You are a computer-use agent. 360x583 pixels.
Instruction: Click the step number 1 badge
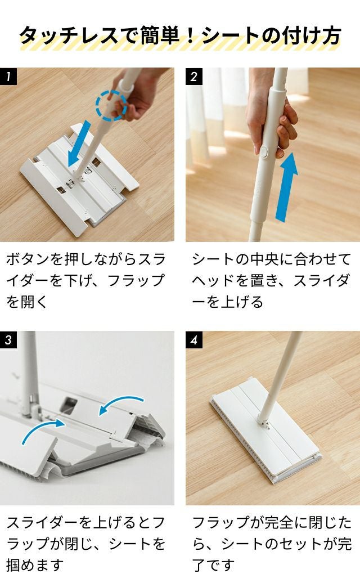pos(8,76)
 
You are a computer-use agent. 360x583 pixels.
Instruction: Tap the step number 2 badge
pos(194,76)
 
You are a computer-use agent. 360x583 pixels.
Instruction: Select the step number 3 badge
pos(8,339)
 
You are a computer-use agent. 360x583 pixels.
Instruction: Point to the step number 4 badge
pos(194,339)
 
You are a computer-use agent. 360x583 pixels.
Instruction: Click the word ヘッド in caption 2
pos(213,280)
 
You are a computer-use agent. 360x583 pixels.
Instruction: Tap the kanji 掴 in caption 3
pos(13,565)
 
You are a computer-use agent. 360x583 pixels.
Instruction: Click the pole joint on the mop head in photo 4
pos(263,422)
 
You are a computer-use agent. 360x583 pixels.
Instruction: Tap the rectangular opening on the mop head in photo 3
pos(68,405)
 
